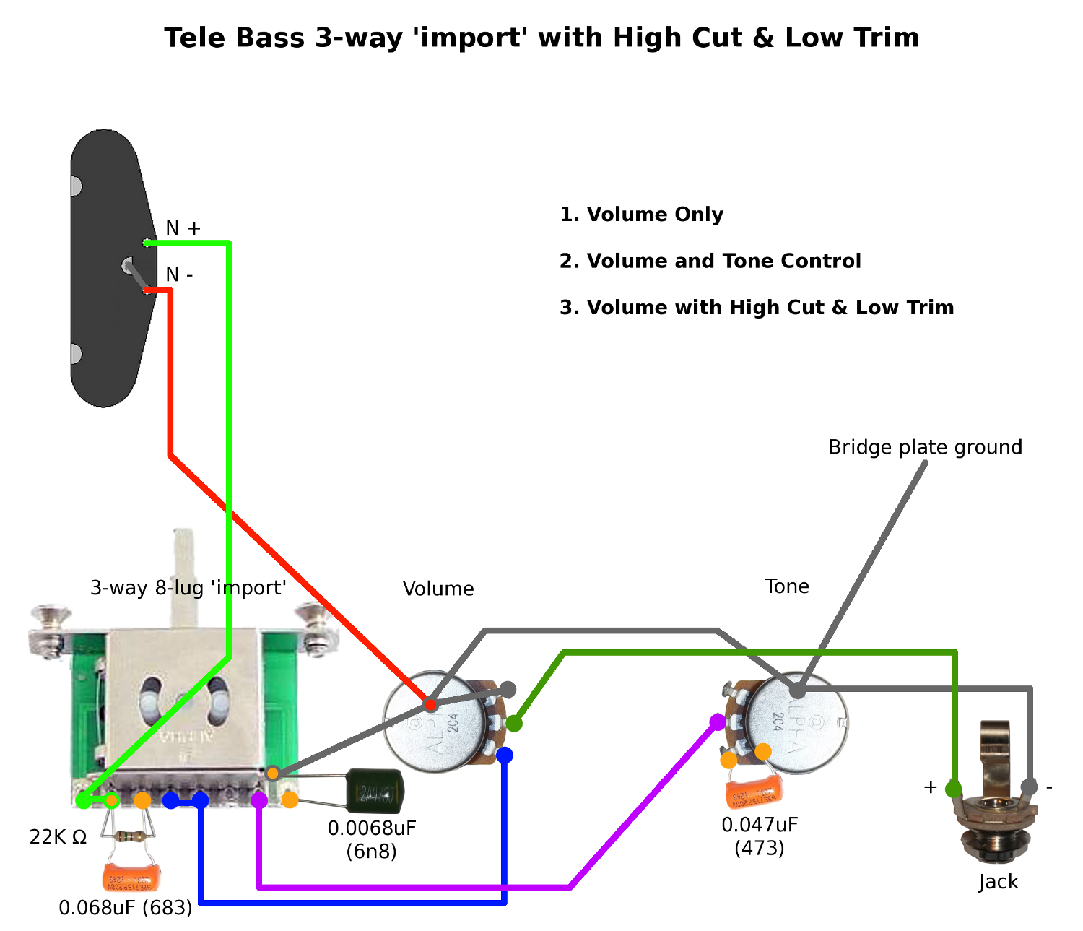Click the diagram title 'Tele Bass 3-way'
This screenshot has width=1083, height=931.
(541, 38)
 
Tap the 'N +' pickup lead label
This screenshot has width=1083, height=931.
(183, 228)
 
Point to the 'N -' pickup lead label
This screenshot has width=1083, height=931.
(179, 274)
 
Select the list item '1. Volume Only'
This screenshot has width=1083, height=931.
(641, 215)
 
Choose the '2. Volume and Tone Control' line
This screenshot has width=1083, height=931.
(710, 261)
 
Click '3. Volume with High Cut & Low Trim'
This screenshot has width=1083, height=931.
(756, 308)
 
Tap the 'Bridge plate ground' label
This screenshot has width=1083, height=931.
(925, 447)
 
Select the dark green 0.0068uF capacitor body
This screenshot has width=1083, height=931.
(375, 791)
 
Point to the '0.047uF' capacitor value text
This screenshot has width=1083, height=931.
(760, 825)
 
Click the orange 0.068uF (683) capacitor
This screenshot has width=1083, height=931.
(131, 877)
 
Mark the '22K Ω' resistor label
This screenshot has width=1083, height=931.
(58, 837)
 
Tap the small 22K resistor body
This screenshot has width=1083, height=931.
(132, 836)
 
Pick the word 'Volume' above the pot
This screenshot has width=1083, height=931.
(438, 589)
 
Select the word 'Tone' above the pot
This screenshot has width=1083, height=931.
(787, 586)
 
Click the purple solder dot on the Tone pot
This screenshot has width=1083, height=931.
(718, 722)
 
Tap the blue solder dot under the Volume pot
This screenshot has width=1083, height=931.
(505, 755)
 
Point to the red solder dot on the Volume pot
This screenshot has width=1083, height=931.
(430, 704)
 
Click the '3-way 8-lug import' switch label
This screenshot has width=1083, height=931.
(188, 588)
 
